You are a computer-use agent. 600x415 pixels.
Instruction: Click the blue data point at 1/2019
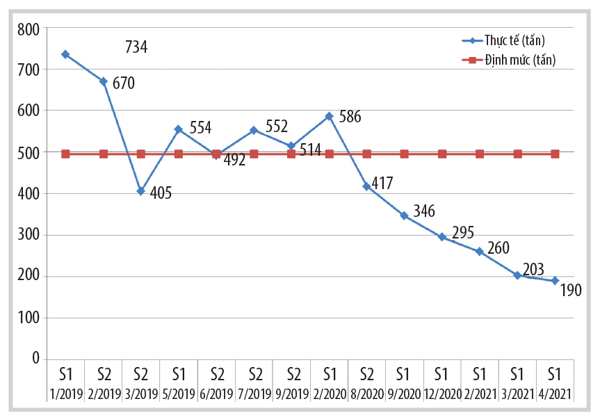[x=65, y=54]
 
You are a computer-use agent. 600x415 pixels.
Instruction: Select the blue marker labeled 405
[x=140, y=191]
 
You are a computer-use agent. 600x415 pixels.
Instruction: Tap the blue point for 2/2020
[x=329, y=116]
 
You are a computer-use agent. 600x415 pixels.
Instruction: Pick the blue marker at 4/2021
[x=555, y=281]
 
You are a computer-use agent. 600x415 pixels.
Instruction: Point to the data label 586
[x=349, y=117]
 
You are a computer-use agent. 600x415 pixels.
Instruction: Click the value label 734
[x=136, y=47]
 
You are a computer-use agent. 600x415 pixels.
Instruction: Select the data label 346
[x=424, y=210]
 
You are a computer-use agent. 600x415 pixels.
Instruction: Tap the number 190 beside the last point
[x=569, y=291]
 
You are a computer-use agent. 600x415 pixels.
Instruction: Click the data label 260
[x=499, y=248]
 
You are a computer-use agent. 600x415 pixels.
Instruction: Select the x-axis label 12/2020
[x=441, y=394]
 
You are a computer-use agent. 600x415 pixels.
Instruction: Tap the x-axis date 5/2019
[x=178, y=394]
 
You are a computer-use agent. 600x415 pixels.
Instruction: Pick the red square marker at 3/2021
[x=517, y=154]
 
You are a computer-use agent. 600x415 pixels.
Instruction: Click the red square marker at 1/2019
[x=65, y=154]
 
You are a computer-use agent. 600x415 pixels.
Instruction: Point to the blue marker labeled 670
[x=103, y=81]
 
